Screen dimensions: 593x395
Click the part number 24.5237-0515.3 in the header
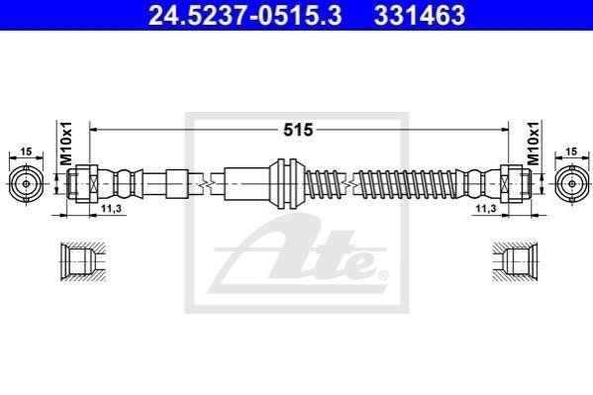click(x=246, y=16)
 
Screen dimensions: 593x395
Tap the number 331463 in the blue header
click(x=420, y=16)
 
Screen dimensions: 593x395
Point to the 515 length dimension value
click(x=298, y=130)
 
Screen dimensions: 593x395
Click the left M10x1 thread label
click(x=66, y=144)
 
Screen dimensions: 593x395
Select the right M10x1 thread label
click(x=534, y=144)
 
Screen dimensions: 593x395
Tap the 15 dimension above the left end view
click(x=26, y=151)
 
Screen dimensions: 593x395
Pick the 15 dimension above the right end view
click(x=572, y=151)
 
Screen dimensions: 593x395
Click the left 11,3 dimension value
click(x=113, y=208)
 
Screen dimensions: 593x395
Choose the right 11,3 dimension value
click(x=486, y=208)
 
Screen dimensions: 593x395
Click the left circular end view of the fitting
click(x=26, y=184)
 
